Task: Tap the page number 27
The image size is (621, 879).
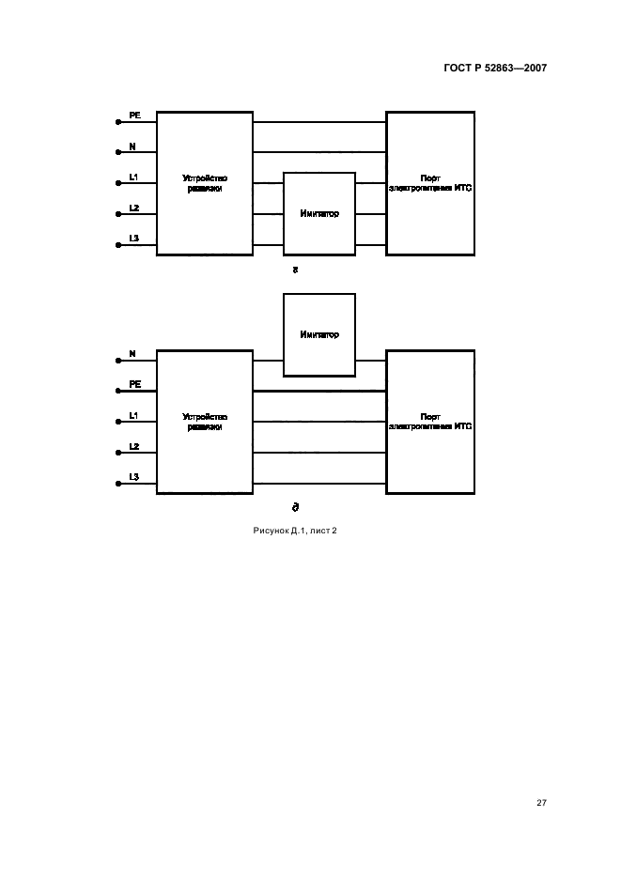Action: [541, 803]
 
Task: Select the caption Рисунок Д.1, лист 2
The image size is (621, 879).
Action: [294, 531]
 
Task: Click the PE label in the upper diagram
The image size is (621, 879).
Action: [135, 115]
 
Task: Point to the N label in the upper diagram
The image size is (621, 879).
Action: [132, 146]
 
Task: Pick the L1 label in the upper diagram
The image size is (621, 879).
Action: [133, 177]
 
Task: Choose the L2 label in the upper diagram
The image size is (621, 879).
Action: [133, 208]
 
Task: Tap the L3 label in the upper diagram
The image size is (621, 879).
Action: [133, 239]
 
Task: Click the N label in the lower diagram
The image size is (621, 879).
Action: [132, 353]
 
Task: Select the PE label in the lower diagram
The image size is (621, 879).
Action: [135, 384]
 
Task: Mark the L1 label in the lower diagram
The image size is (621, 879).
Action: [133, 415]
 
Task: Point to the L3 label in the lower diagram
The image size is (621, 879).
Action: [133, 477]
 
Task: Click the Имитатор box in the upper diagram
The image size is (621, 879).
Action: [319, 213]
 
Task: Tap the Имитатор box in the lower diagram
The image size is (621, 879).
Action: [319, 334]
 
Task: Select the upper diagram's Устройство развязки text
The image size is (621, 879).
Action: [205, 183]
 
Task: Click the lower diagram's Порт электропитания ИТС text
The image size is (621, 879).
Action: [430, 421]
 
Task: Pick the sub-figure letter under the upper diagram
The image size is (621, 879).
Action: [296, 270]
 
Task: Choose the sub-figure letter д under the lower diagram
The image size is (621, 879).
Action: [296, 507]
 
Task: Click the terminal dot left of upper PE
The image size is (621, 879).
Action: [118, 122]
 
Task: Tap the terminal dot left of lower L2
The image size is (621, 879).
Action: [118, 454]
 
